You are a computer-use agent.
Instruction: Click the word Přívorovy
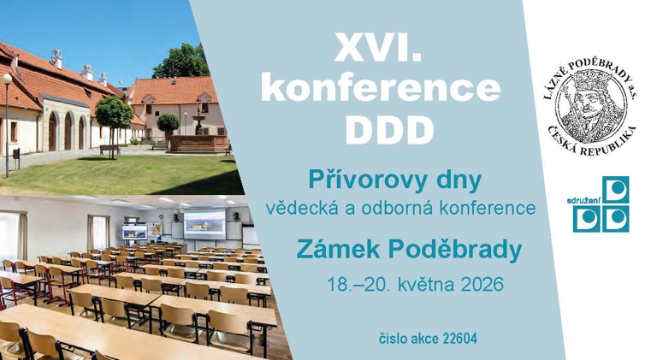352,180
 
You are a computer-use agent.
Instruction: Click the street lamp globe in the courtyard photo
7,79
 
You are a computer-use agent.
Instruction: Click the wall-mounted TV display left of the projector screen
134,231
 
